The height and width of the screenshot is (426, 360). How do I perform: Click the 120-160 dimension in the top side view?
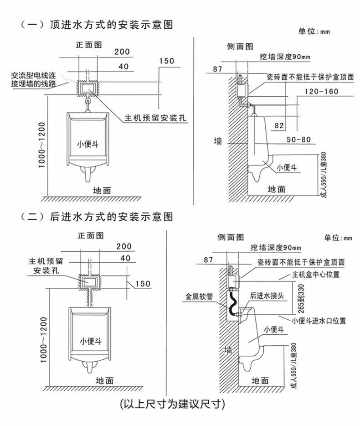321,91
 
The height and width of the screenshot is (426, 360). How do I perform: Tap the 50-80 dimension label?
298,140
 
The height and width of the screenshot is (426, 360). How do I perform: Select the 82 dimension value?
279,125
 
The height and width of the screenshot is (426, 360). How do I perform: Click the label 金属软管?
199,296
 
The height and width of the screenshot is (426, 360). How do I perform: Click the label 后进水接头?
267,296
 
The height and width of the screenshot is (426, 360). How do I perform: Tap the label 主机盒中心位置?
316,275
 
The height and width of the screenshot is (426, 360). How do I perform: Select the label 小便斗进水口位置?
319,321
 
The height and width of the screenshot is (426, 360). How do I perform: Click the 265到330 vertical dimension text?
301,299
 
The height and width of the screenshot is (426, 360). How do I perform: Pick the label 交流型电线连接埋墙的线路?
33,79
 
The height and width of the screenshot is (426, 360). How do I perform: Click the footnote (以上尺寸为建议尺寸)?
173,404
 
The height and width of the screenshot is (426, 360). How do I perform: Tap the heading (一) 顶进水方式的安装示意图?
97,25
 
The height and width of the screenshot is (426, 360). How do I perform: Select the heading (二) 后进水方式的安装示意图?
97,217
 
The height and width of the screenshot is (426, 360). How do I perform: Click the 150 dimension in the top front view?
167,61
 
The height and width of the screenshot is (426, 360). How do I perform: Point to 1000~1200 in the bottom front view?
43,340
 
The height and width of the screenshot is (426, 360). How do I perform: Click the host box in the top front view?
88,88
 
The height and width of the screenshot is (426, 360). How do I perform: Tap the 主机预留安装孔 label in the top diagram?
155,118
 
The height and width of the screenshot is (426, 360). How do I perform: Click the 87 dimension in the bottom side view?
208,260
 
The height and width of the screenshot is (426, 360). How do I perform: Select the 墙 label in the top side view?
218,141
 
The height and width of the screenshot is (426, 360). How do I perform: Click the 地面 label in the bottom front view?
104,381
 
